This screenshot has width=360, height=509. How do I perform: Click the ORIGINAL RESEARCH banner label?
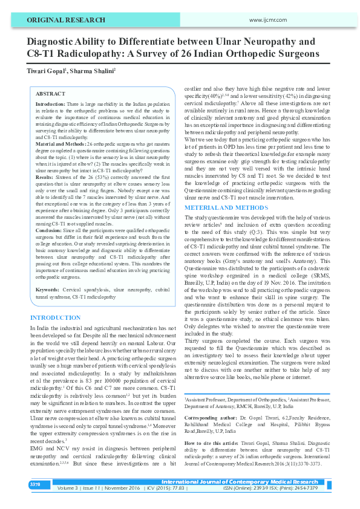click(59, 21)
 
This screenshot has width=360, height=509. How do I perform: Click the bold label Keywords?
click(48, 290)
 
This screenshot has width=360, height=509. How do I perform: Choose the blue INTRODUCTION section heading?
click(55, 317)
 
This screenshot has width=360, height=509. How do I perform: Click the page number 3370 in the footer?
click(34, 484)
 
